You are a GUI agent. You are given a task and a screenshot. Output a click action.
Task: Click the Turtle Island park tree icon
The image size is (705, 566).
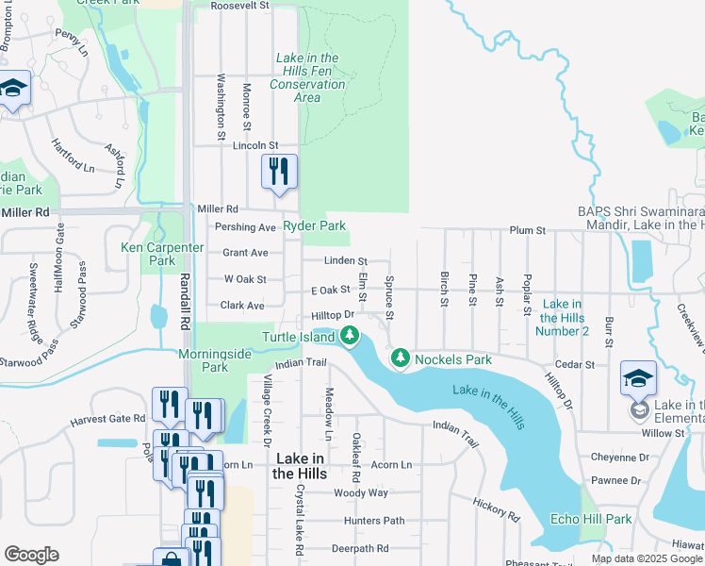coord(350,335)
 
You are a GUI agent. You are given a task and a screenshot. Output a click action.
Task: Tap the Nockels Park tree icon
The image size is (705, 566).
coord(401,358)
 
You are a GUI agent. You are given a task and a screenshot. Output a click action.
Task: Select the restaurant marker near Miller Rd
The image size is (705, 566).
coord(279,172)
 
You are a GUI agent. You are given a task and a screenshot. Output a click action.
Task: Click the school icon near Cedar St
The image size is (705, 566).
coord(638,378)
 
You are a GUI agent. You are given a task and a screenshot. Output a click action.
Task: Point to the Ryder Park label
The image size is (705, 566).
coord(315,226)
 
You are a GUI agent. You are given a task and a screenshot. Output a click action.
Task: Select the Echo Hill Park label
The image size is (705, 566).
coord(591,519)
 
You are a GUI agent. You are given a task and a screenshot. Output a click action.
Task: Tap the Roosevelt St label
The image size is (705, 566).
coord(239,6)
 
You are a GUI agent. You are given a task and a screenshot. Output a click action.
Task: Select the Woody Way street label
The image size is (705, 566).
coord(361,492)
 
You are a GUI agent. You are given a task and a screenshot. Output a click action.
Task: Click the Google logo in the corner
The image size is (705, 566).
coord(31,554)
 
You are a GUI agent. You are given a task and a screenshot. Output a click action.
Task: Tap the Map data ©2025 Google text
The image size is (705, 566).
coord(646,558)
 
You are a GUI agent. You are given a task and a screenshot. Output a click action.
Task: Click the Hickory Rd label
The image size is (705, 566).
coord(497,510)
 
